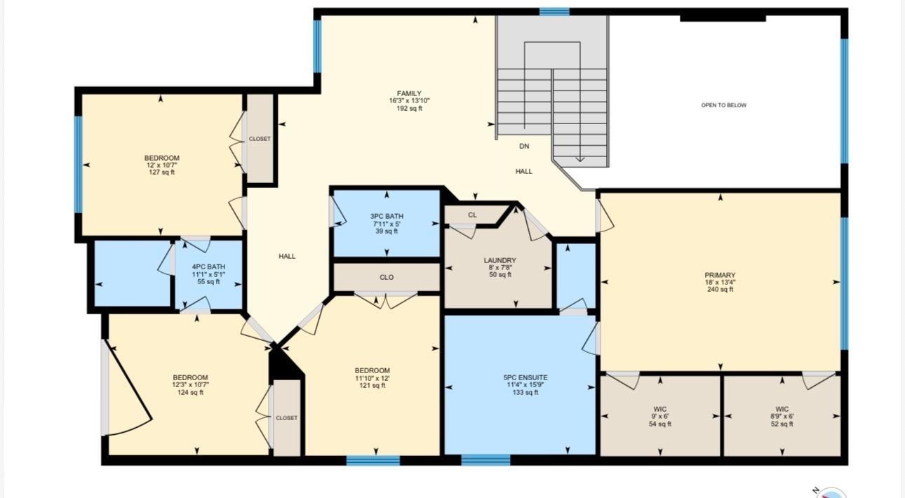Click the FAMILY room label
409,93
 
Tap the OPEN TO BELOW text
723,105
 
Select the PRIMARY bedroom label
720,275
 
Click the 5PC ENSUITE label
525,377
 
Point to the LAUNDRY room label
500,260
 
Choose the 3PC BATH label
387,217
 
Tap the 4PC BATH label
208,267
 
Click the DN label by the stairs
524,146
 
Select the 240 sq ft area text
720,290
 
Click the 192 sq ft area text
409,108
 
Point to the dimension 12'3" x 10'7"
190,385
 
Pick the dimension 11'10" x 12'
372,378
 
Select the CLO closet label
387,278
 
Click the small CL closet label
472,215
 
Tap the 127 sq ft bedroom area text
161,173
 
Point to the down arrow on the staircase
579,159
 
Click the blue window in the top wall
554,12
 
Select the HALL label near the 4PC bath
287,256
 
